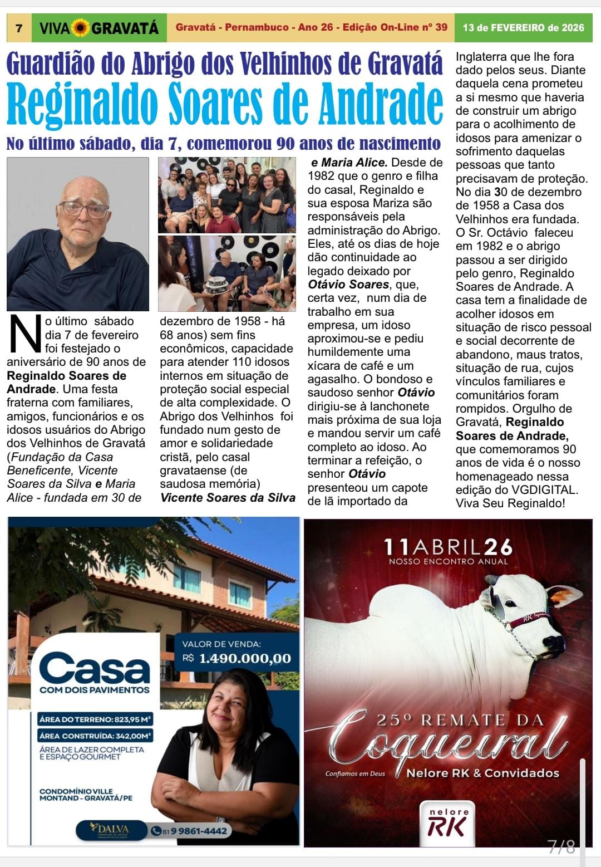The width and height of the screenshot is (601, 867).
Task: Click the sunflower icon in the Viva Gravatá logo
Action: coord(81,27)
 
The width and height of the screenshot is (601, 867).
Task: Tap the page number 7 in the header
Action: coord(19,28)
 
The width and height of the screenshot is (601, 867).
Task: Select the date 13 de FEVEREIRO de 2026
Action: coord(523,27)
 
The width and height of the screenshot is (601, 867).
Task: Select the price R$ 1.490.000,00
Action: coord(237,658)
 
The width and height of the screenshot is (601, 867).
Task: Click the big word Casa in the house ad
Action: coord(95,668)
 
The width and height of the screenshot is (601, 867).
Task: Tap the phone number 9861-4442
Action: coord(195,831)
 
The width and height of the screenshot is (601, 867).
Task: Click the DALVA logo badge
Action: coord(111,830)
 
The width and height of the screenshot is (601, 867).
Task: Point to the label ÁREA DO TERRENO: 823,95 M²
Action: coord(95,719)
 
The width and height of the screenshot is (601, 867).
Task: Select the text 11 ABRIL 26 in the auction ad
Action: coord(448,547)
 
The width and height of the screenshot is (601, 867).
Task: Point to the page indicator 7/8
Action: coord(561,846)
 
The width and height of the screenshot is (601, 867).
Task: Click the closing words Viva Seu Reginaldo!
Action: coord(510,503)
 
